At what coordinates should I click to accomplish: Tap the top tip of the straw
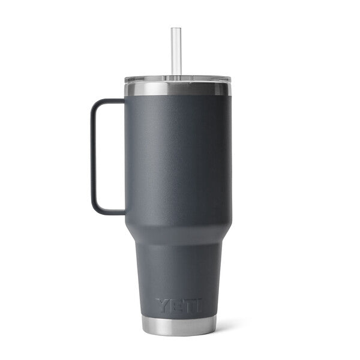[175, 29]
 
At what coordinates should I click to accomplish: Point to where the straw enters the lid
[175, 76]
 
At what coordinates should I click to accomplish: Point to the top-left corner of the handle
[94, 103]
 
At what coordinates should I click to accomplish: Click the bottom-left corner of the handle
[94, 208]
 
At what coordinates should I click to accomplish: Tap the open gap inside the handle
[111, 156]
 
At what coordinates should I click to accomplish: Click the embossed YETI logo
[179, 306]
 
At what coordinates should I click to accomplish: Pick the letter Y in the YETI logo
[164, 306]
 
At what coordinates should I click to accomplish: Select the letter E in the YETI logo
[176, 306]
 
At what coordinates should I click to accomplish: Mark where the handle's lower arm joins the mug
[125, 211]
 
